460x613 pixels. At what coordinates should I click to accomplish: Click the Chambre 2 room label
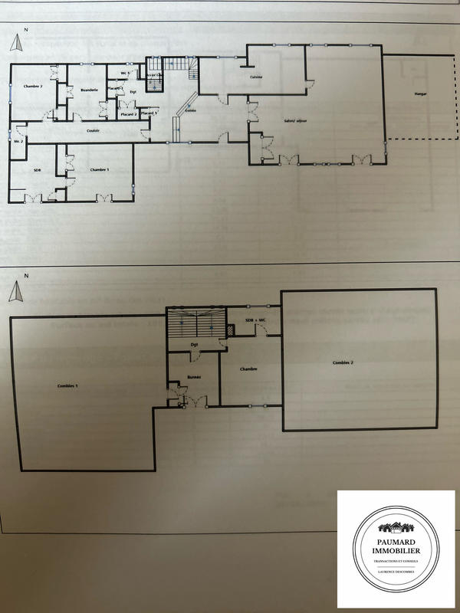tap(31, 87)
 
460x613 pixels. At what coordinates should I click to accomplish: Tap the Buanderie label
tap(88, 91)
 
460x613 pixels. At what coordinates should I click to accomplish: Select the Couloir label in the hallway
tap(92, 130)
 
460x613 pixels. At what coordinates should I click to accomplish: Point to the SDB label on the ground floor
tap(36, 169)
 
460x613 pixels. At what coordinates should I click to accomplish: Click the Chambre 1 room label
tap(99, 169)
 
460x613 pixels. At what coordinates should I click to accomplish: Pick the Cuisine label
tap(257, 77)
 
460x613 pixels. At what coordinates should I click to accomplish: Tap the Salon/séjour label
tap(295, 121)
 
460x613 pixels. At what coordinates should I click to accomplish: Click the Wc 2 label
tap(18, 142)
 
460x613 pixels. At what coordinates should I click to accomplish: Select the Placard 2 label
tap(129, 114)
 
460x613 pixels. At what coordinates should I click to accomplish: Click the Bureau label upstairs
tap(192, 378)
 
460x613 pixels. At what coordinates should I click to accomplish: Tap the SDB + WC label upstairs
tap(255, 320)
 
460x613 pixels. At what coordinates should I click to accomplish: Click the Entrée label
tap(189, 111)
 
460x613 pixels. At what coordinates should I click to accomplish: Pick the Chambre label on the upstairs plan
tap(247, 369)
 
